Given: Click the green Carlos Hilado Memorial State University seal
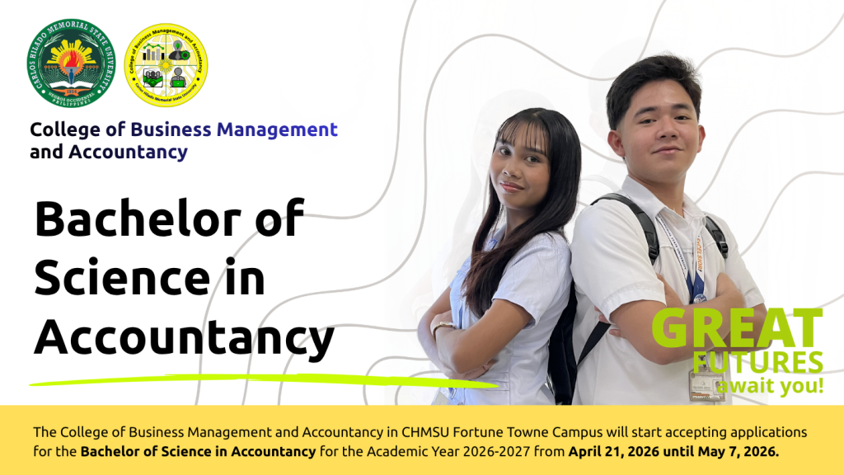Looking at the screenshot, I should pos(70,63).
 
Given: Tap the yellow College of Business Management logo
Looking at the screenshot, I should pos(165,65).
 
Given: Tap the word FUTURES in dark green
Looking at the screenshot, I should pos(757,363).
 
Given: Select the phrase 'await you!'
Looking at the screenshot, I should pos(770,386).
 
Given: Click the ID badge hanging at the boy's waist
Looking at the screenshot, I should pos(706,384).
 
